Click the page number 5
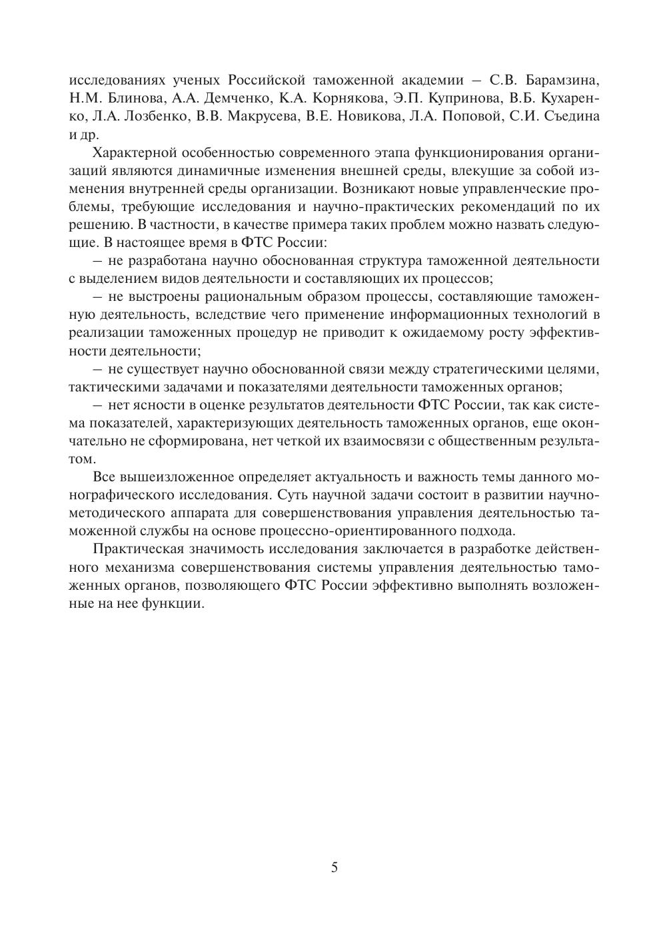pos(334,867)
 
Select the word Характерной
pos(134,152)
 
